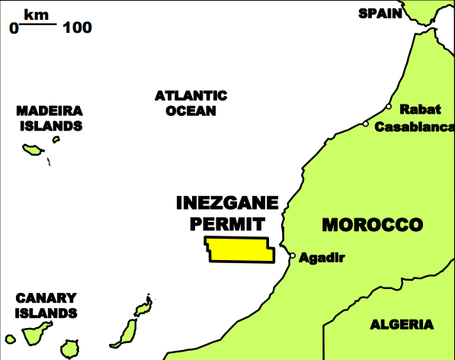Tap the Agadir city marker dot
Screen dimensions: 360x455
click(x=292, y=256)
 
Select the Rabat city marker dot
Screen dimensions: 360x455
click(x=389, y=108)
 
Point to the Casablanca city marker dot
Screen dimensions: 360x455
click(x=366, y=124)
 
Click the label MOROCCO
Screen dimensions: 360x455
click(x=372, y=225)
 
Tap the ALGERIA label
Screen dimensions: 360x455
click(x=402, y=325)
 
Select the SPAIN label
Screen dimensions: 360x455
click(x=380, y=13)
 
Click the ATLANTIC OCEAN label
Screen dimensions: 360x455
click(x=191, y=103)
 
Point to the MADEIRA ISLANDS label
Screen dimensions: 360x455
click(x=49, y=118)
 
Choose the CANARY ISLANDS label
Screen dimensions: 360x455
click(x=46, y=305)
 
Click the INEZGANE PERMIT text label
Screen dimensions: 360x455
click(x=227, y=213)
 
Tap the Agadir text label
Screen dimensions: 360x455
click(x=322, y=258)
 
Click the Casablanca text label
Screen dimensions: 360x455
click(x=414, y=127)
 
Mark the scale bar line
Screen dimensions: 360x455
click(x=37, y=24)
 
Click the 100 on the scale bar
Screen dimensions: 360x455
click(x=78, y=28)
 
